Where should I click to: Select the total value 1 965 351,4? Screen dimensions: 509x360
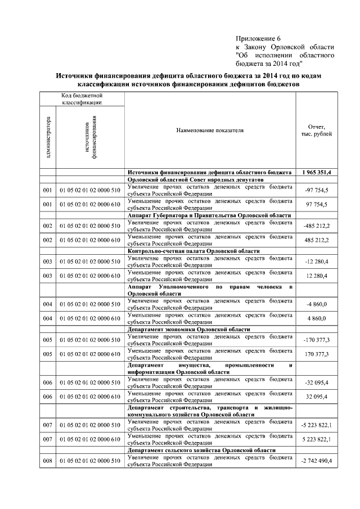pyautogui.click(x=316, y=172)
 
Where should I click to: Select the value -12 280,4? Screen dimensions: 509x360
pyautogui.click(x=317, y=262)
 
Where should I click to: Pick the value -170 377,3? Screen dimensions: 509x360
pyautogui.click(x=317, y=340)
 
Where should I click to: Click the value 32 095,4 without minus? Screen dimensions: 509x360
pyautogui.click(x=317, y=397)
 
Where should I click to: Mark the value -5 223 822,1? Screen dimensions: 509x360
pyautogui.click(x=317, y=425)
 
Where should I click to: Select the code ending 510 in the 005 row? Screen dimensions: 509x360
pyautogui.click(x=90, y=340)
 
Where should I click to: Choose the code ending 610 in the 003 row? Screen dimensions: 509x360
pyautogui.click(x=90, y=276)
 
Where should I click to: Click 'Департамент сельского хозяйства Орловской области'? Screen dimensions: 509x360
pyautogui.click(x=202, y=451)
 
